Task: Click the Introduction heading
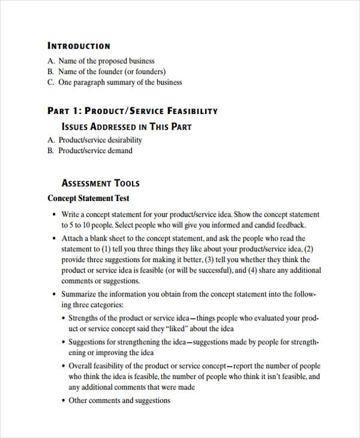(79, 46)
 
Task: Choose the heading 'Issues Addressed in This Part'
(127, 127)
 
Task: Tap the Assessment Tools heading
(100, 183)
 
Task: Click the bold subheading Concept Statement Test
(88, 198)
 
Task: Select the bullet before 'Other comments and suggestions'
(63, 400)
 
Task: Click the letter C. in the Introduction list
(50, 82)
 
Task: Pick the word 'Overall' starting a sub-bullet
(81, 366)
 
